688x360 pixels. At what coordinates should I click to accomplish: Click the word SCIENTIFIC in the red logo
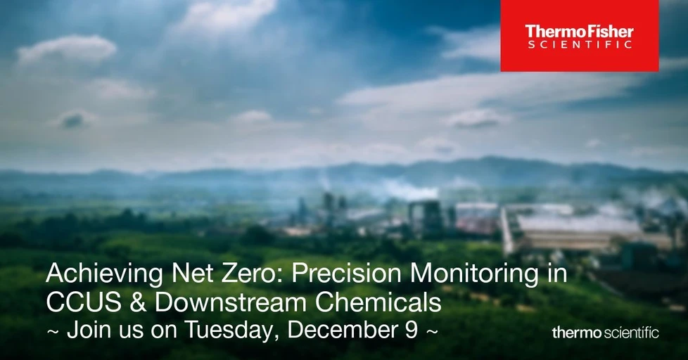579,44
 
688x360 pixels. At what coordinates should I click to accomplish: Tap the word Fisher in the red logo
608,32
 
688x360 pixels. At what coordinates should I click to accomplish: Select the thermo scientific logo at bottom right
605,333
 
